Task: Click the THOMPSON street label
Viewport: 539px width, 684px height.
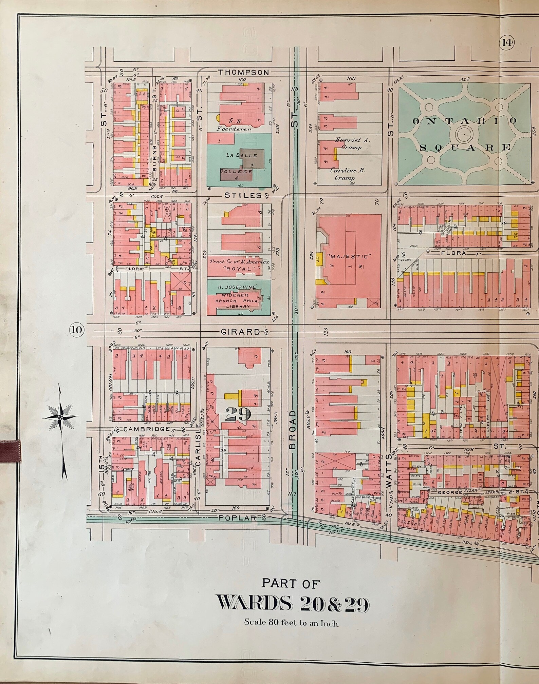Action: [x=243, y=72]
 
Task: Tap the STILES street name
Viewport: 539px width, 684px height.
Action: [x=243, y=196]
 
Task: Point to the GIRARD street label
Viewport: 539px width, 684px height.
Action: [x=240, y=332]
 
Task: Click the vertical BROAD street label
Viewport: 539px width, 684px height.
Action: [x=293, y=430]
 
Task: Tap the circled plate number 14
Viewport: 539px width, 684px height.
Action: [x=507, y=43]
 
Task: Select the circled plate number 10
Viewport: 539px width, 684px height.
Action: [x=77, y=330]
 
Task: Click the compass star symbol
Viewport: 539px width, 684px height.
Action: [x=60, y=416]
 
